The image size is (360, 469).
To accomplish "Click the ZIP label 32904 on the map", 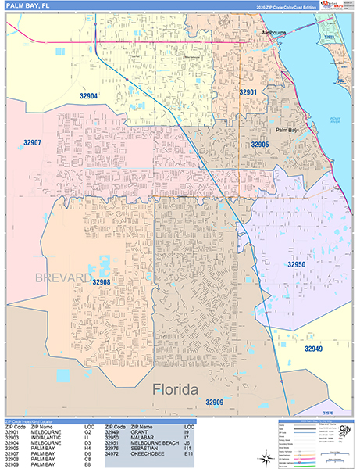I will [x=88, y=96].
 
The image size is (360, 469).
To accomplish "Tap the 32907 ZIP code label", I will [x=33, y=143].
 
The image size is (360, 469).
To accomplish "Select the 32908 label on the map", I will [x=102, y=281].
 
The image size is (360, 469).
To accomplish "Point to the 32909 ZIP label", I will [x=215, y=402].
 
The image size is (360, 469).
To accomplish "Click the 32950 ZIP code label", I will [x=296, y=265].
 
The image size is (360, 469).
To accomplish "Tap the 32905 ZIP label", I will [x=259, y=145].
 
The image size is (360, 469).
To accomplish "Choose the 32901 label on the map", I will [x=248, y=92].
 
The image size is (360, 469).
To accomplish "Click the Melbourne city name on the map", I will [x=274, y=33].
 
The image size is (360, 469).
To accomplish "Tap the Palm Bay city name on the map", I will [x=287, y=130].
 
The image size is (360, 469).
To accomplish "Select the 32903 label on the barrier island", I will [x=329, y=37].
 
